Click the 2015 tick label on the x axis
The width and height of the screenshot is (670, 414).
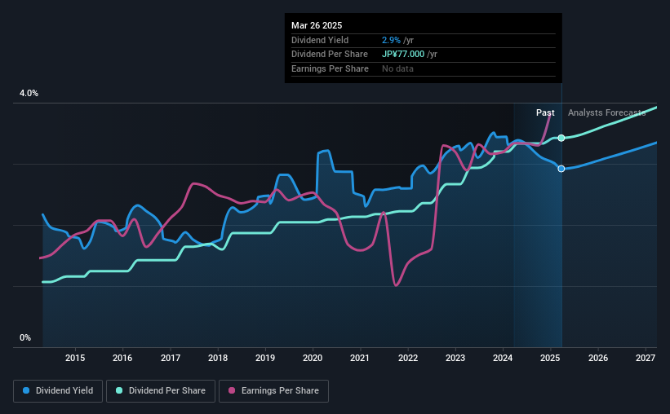pyautogui.click(x=75, y=358)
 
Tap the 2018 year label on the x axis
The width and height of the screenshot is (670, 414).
pyautogui.click(x=218, y=358)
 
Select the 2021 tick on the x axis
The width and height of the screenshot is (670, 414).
pyautogui.click(x=361, y=358)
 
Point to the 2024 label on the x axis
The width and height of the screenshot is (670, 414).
pyautogui.click(x=504, y=358)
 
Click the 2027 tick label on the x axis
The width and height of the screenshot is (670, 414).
pyautogui.click(x=646, y=358)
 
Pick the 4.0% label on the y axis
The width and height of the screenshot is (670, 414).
pyautogui.click(x=29, y=94)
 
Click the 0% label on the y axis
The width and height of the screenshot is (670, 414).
pyautogui.click(x=25, y=337)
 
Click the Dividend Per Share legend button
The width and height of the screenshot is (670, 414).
pyautogui.click(x=165, y=391)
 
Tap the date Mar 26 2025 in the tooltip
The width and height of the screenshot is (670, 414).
pyautogui.click(x=318, y=24)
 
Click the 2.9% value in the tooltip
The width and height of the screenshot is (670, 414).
pyautogui.click(x=392, y=40)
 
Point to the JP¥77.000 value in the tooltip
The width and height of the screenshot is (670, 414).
pyautogui.click(x=406, y=55)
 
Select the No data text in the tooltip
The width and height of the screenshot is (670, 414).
pyautogui.click(x=397, y=69)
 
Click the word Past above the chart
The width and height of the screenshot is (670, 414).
pyautogui.click(x=545, y=112)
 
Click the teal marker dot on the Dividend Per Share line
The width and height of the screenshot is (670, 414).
pyautogui.click(x=561, y=138)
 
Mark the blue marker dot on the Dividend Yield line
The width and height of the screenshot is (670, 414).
pyautogui.click(x=561, y=169)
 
